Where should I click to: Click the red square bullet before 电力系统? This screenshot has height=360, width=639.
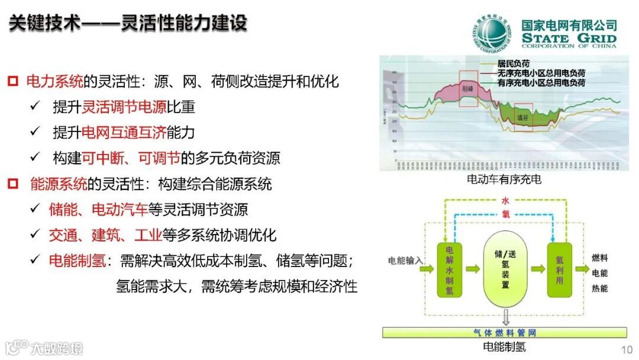[14, 81]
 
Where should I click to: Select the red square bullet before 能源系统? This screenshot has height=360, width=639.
[14, 184]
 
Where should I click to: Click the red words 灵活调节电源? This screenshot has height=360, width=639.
[115, 107]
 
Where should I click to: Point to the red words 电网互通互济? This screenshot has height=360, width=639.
[115, 133]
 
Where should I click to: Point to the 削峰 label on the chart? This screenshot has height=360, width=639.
[468, 88]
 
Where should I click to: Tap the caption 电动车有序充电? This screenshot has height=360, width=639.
[504, 179]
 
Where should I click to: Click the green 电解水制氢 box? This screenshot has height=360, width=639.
[450, 269]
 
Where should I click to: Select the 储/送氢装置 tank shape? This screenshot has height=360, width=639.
[505, 269]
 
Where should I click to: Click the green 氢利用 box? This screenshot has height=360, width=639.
[559, 269]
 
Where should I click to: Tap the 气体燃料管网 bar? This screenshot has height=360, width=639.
[504, 332]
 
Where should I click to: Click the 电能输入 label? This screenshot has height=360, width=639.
[405, 261]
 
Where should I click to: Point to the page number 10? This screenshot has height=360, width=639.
[626, 348]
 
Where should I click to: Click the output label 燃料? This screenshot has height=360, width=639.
[599, 258]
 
